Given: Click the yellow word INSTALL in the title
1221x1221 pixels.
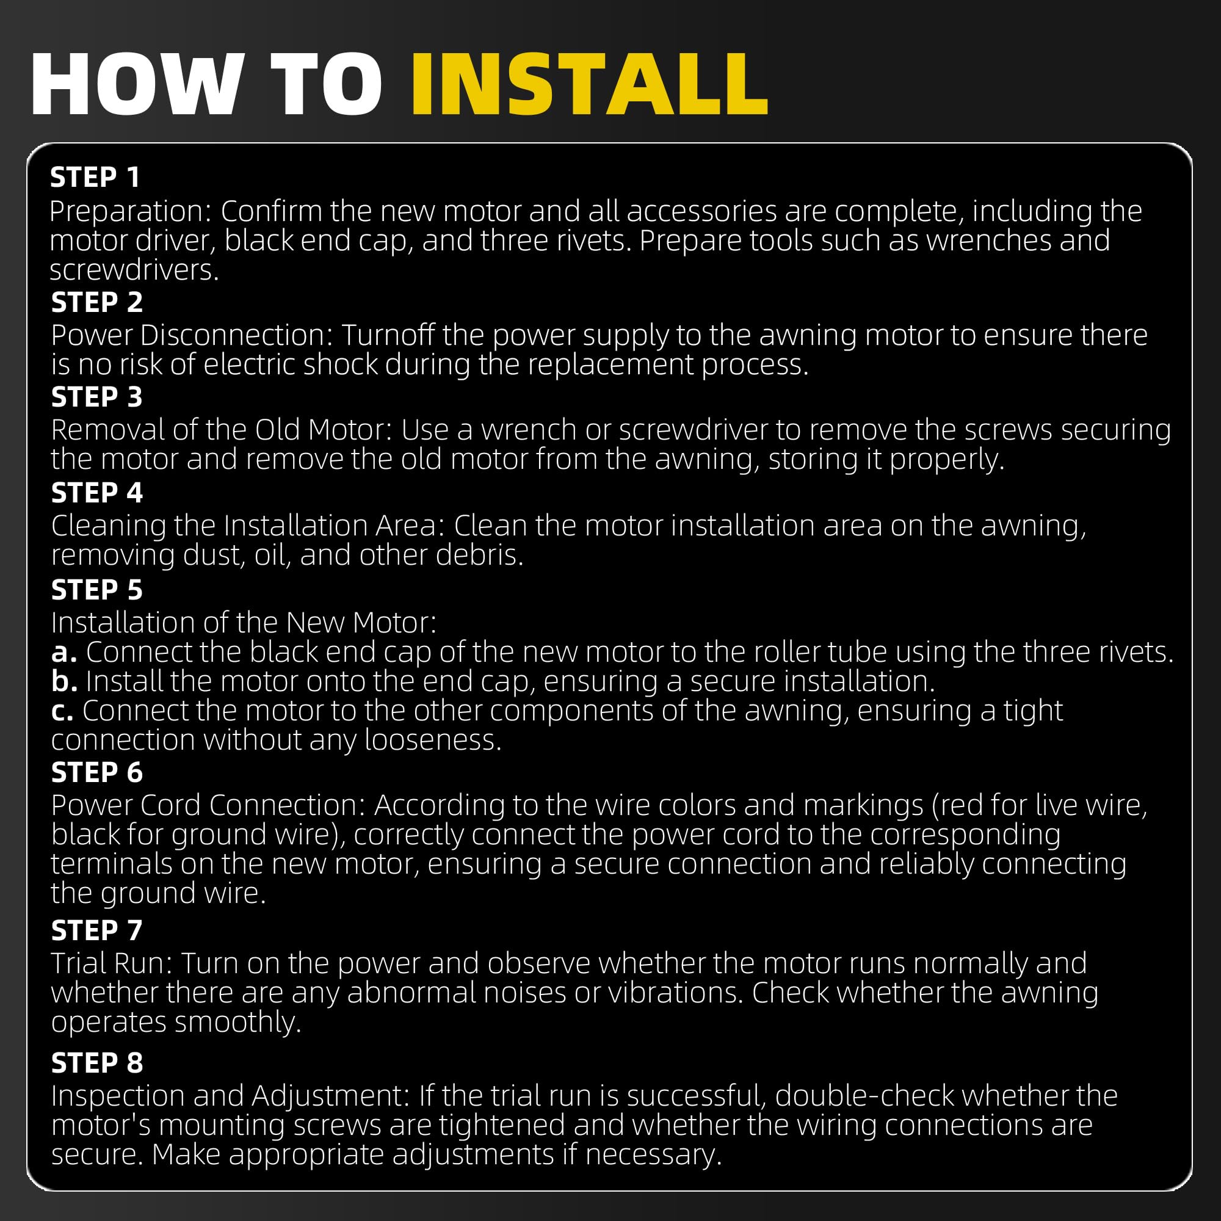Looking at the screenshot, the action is tap(590, 84).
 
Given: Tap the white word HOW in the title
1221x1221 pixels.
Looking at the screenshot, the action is tap(137, 84).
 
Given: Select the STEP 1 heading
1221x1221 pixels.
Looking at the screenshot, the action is tap(95, 178).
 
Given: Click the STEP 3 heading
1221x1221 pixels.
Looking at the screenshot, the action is tap(96, 397).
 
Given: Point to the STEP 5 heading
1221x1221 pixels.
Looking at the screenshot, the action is tap(96, 590).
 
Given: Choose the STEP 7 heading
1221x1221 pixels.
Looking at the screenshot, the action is tap(96, 930).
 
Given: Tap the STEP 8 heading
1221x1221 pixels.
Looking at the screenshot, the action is tap(96, 1063).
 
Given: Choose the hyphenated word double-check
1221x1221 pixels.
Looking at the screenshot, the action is tap(864, 1096).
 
